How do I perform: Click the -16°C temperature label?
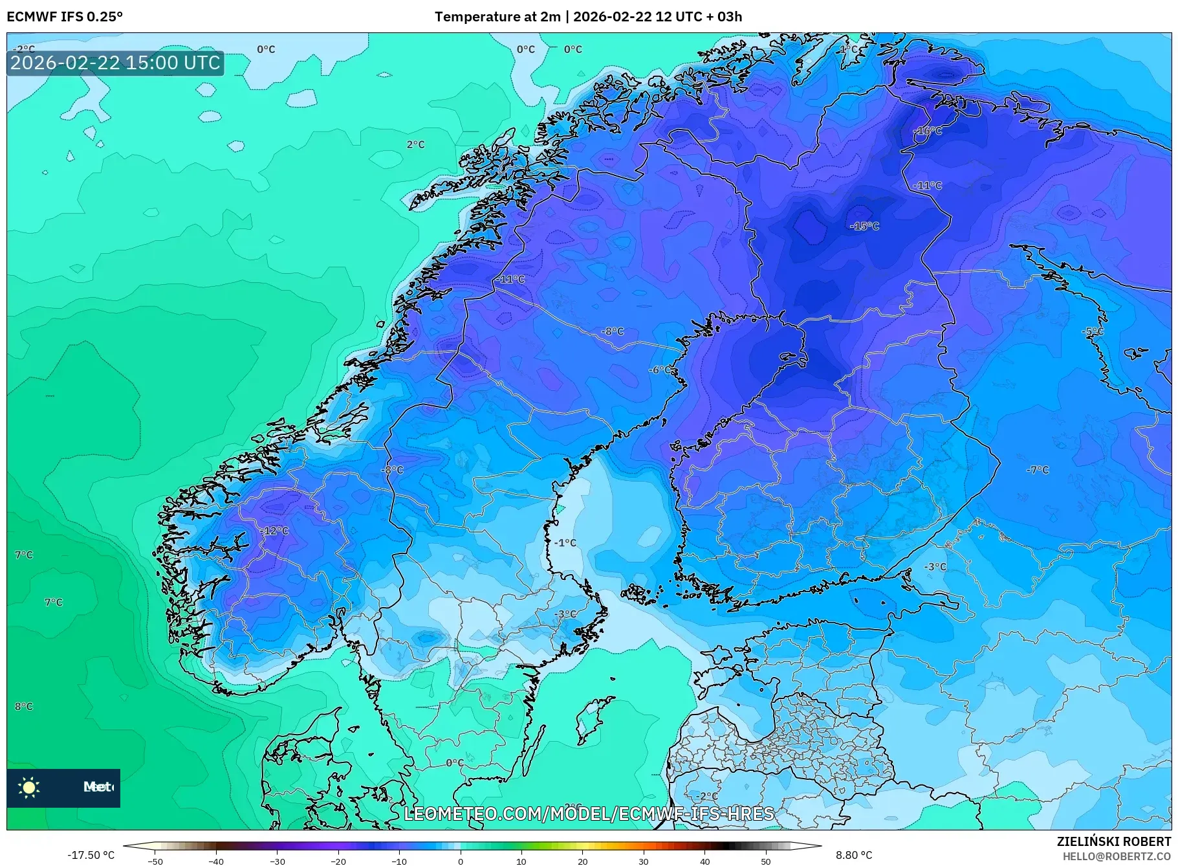point(928,131)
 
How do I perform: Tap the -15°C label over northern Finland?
point(864,226)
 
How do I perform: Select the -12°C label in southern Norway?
point(274,531)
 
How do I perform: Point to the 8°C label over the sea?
point(24,706)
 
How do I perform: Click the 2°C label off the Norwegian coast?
point(415,144)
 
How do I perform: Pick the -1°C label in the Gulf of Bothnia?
point(565,542)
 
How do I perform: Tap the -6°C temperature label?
point(660,370)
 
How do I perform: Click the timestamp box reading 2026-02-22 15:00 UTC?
point(115,63)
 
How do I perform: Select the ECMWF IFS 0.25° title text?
point(64,16)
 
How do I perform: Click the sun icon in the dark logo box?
point(29,787)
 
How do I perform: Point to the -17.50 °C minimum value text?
point(91,855)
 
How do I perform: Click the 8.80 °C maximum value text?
point(854,855)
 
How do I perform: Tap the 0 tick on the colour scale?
point(461,861)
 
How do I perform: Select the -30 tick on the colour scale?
point(277,861)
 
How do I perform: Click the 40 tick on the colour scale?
point(704,861)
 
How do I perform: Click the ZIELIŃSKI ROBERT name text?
point(1113,841)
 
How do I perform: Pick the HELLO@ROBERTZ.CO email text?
point(1116,856)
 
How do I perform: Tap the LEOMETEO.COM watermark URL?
point(589,814)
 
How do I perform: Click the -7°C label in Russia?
point(1037,469)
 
